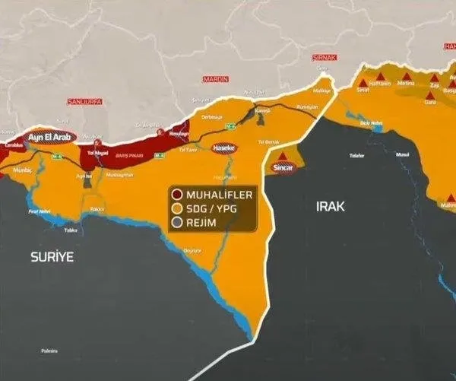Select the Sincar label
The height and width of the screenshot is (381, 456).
point(283,170)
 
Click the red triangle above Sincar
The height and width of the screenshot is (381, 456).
point(283,156)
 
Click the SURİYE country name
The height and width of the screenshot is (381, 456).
point(52,257)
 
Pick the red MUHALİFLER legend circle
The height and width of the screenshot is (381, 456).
point(177,195)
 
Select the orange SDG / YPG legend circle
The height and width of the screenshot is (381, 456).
point(177,208)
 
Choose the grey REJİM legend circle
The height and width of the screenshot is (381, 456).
point(177,222)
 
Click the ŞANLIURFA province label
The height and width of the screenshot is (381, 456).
point(84,100)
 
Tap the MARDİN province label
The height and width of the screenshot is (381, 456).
point(216,79)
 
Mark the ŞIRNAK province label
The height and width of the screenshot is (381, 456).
point(324,57)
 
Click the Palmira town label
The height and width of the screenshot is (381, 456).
point(50,351)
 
